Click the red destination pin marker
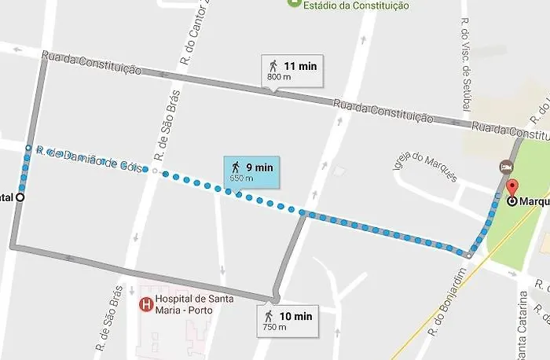click(x=512, y=188)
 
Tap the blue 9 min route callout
click(x=251, y=171)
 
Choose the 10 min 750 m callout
click(x=288, y=320)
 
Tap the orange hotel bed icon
click(x=507, y=167)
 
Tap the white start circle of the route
click(x=20, y=198)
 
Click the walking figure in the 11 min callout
click(x=273, y=67)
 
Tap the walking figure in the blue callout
click(x=235, y=167)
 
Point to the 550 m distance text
click(x=241, y=178)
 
